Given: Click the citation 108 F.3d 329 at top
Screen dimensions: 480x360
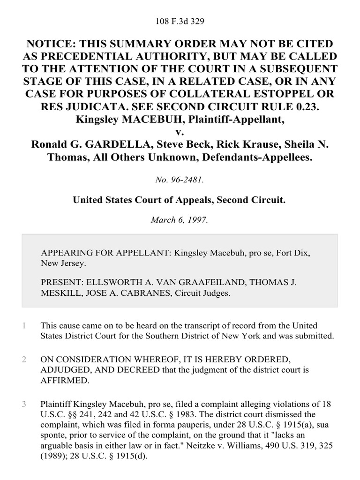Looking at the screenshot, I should [180, 22].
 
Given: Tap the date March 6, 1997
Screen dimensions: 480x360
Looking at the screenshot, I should [180, 219].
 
